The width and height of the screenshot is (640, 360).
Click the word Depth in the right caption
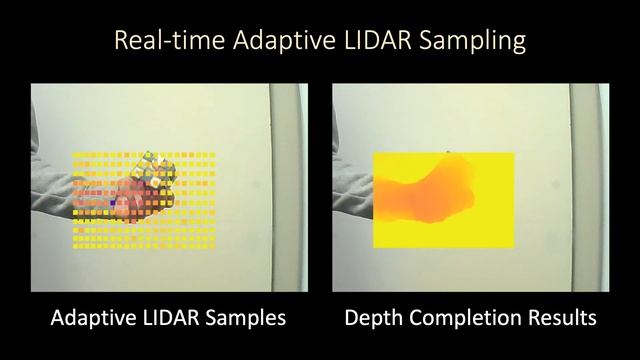click(x=373, y=320)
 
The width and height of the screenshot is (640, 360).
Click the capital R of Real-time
click(x=121, y=41)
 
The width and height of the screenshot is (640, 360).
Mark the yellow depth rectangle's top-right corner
click(x=512, y=154)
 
